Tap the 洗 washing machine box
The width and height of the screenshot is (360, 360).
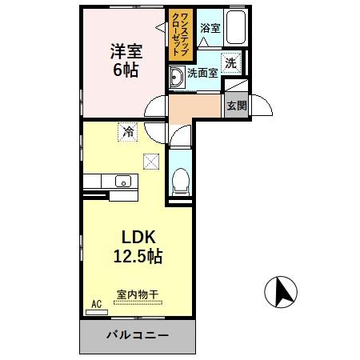click(230, 62)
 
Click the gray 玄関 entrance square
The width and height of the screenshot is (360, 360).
click(236, 105)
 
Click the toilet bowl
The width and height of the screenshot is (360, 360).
click(181, 182)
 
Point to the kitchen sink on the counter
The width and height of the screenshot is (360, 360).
click(123, 180)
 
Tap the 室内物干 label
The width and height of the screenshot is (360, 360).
click(138, 295)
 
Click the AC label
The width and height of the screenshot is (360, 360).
click(96, 304)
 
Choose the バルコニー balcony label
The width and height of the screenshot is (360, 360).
click(138, 335)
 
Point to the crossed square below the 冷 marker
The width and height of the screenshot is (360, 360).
click(150, 161)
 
